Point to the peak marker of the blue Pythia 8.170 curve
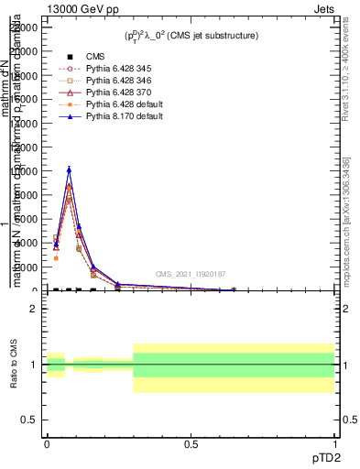68,169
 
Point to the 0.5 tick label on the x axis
191,443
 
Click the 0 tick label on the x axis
46,443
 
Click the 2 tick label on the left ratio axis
34,309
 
